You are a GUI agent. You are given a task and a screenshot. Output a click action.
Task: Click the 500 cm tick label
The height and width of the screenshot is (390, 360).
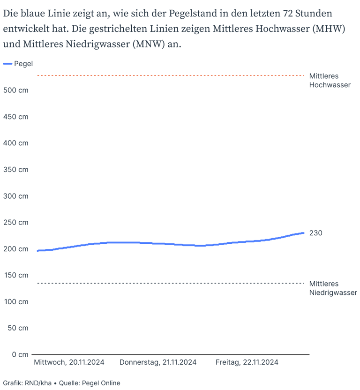pos(15,90)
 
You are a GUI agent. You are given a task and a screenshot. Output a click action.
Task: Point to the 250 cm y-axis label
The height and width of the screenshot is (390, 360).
pos(15,222)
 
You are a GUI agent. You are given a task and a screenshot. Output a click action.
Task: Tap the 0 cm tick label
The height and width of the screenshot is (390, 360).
pos(20,354)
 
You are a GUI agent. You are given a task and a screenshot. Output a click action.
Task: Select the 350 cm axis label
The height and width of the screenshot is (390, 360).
pos(15,170)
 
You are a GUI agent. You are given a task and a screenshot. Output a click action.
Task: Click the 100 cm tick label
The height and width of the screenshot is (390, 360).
pos(16,302)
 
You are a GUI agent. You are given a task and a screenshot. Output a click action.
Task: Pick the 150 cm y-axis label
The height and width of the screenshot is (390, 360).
pos(16,275)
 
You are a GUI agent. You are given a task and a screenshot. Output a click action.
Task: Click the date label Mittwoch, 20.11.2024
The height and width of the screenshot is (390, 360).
pos(69,362)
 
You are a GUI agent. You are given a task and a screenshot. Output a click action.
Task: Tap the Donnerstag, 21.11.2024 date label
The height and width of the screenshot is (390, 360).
pos(158,362)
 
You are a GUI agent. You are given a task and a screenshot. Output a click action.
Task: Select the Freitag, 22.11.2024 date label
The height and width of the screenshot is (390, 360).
pos(247,362)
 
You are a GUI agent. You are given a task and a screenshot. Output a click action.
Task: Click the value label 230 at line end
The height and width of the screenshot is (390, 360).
pos(316,233)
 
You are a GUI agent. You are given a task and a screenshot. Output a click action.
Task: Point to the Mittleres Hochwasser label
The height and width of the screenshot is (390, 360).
pos(330,80)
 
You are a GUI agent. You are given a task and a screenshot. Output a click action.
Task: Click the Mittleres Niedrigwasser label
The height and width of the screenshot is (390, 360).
pos(333,288)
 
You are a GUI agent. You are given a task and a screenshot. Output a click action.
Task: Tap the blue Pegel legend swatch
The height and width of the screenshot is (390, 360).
pos(7,64)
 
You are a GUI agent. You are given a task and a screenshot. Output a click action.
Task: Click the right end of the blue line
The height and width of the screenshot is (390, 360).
pos(304,233)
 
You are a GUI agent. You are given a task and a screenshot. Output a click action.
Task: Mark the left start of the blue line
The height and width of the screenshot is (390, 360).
pos(38,251)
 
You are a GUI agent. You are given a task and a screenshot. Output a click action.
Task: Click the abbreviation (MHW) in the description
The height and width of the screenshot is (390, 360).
pos(329,29)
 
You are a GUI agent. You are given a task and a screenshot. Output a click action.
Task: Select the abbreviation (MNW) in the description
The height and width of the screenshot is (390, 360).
pos(149,44)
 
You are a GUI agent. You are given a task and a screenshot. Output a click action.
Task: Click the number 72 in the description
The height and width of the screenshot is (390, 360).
pos(288,14)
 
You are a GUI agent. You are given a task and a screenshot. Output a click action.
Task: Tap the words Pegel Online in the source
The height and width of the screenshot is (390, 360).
pos(101,383)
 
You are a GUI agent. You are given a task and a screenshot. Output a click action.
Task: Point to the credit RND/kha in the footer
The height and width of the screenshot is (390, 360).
pos(38,383)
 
